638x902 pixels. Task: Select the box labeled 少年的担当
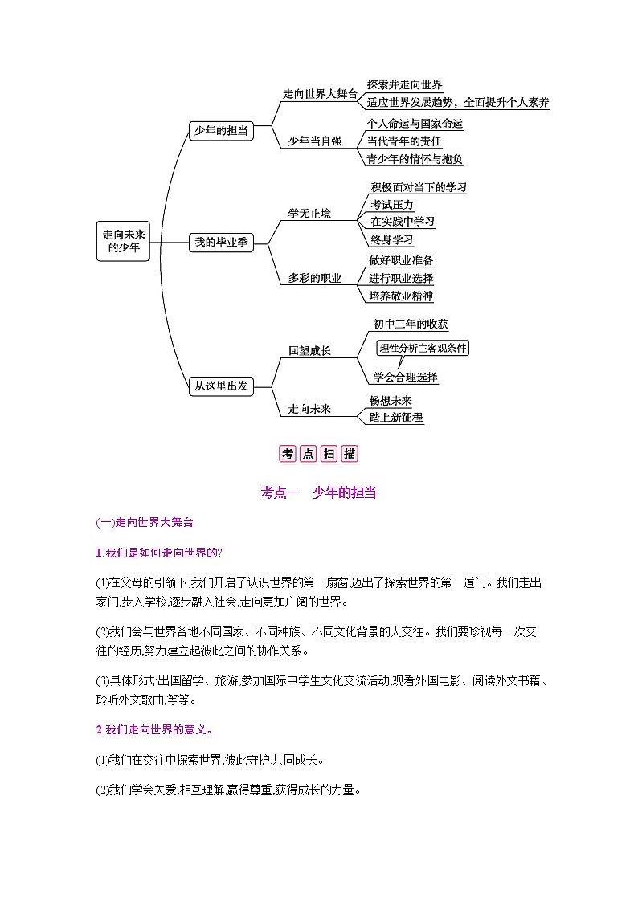coord(220,130)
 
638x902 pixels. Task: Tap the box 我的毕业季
coord(220,242)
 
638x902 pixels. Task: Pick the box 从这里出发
coord(220,386)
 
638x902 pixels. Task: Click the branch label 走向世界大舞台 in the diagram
coord(319,94)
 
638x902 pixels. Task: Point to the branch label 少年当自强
coord(315,141)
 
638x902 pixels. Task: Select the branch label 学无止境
coord(309,214)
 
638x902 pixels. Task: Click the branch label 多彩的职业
coord(315,278)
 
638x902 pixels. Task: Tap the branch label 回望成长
coord(309,351)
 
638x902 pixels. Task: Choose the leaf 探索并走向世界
coord(404,85)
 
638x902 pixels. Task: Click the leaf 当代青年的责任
coord(404,141)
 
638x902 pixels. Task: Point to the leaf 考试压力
coord(392,205)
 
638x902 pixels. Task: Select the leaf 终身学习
coord(392,239)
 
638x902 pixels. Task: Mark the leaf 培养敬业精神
coord(401,296)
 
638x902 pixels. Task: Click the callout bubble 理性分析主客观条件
coord(423,348)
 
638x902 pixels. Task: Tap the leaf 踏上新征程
coord(396,418)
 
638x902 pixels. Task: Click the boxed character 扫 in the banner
coord(329,454)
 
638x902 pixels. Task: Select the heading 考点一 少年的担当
coord(318,493)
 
